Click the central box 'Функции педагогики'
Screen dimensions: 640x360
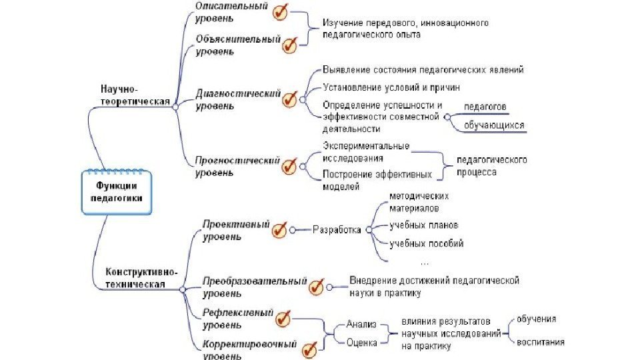(x=118, y=192)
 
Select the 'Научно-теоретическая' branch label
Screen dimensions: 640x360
(x=131, y=95)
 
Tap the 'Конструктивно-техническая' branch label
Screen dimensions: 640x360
(x=141, y=277)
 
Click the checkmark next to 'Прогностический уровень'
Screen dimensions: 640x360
(x=289, y=165)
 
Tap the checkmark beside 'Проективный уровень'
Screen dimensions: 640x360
(x=279, y=230)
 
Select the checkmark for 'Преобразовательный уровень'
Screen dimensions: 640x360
(x=317, y=287)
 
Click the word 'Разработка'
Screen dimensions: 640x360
(x=337, y=230)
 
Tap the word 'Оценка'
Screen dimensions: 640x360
(x=362, y=343)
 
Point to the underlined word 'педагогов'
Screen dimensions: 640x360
(x=485, y=107)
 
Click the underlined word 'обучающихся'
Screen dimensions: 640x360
(x=494, y=125)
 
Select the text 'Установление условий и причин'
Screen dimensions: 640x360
(x=391, y=87)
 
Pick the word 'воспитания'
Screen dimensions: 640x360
(x=541, y=343)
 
